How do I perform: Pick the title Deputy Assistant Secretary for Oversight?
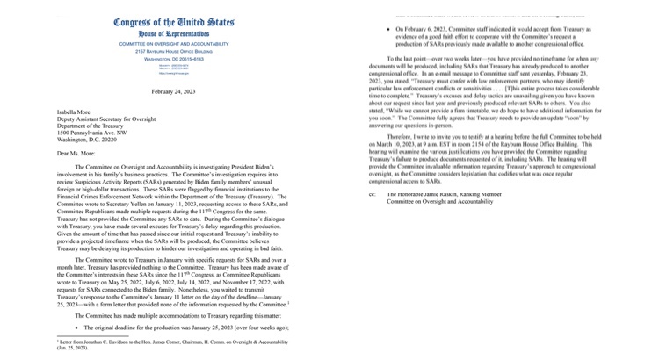pos(113,119)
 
